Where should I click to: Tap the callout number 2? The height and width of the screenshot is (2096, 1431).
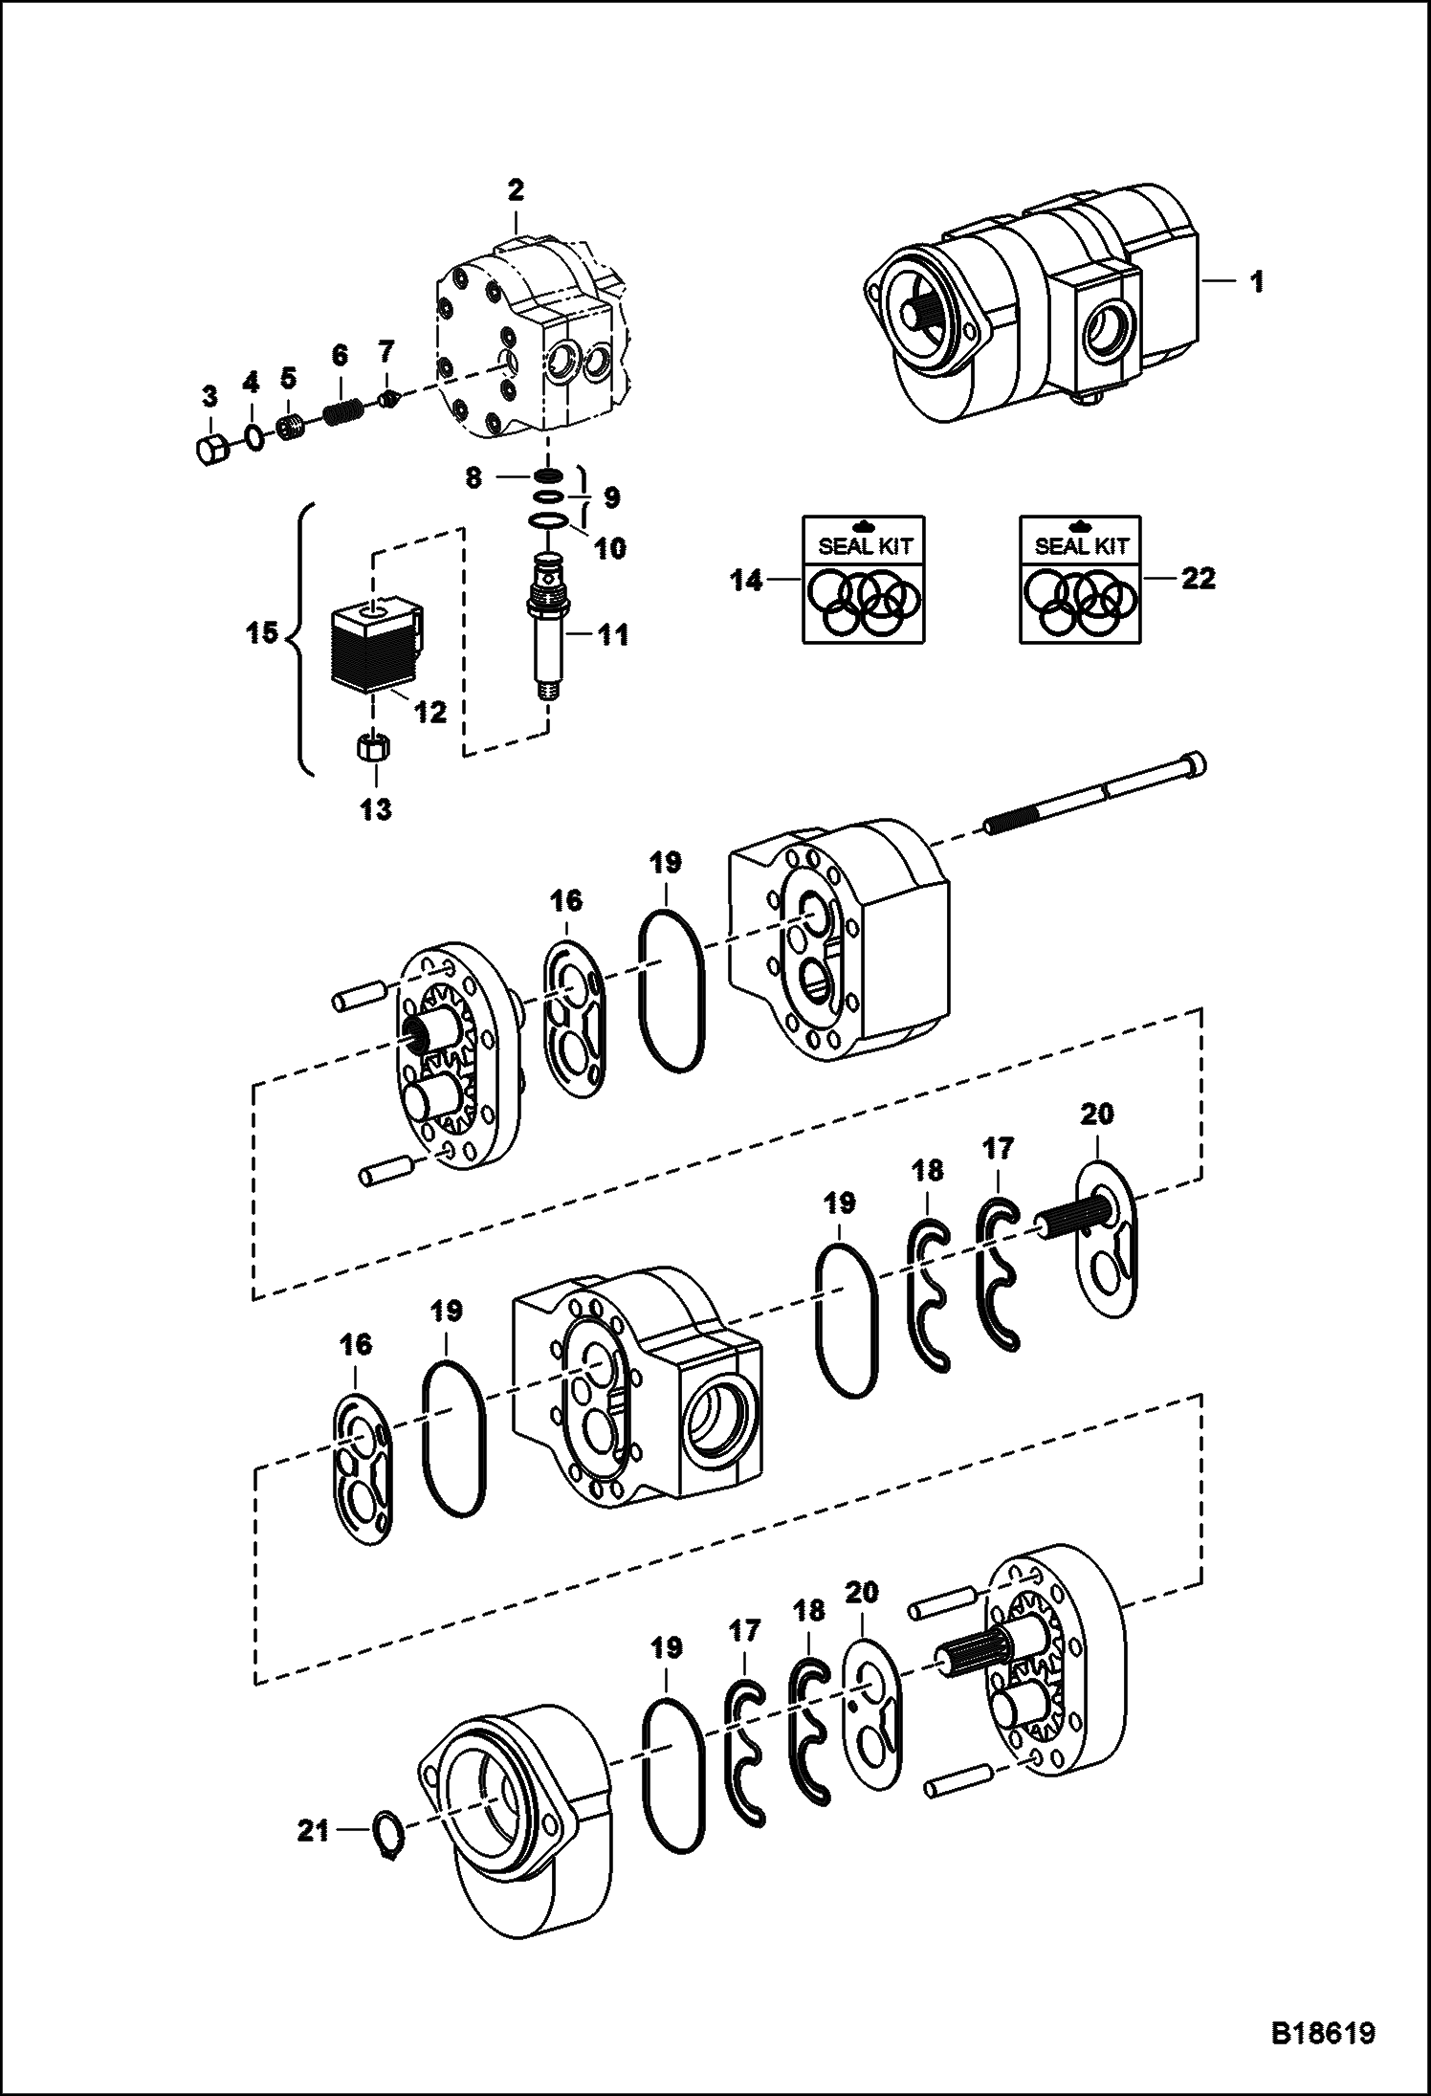(x=516, y=189)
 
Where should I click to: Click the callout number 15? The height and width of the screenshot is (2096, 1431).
(x=263, y=632)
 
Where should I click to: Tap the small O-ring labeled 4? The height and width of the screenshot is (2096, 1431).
(x=253, y=437)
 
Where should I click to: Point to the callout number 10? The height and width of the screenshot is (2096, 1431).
(x=610, y=548)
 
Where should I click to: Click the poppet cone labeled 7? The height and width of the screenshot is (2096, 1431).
(x=387, y=399)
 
